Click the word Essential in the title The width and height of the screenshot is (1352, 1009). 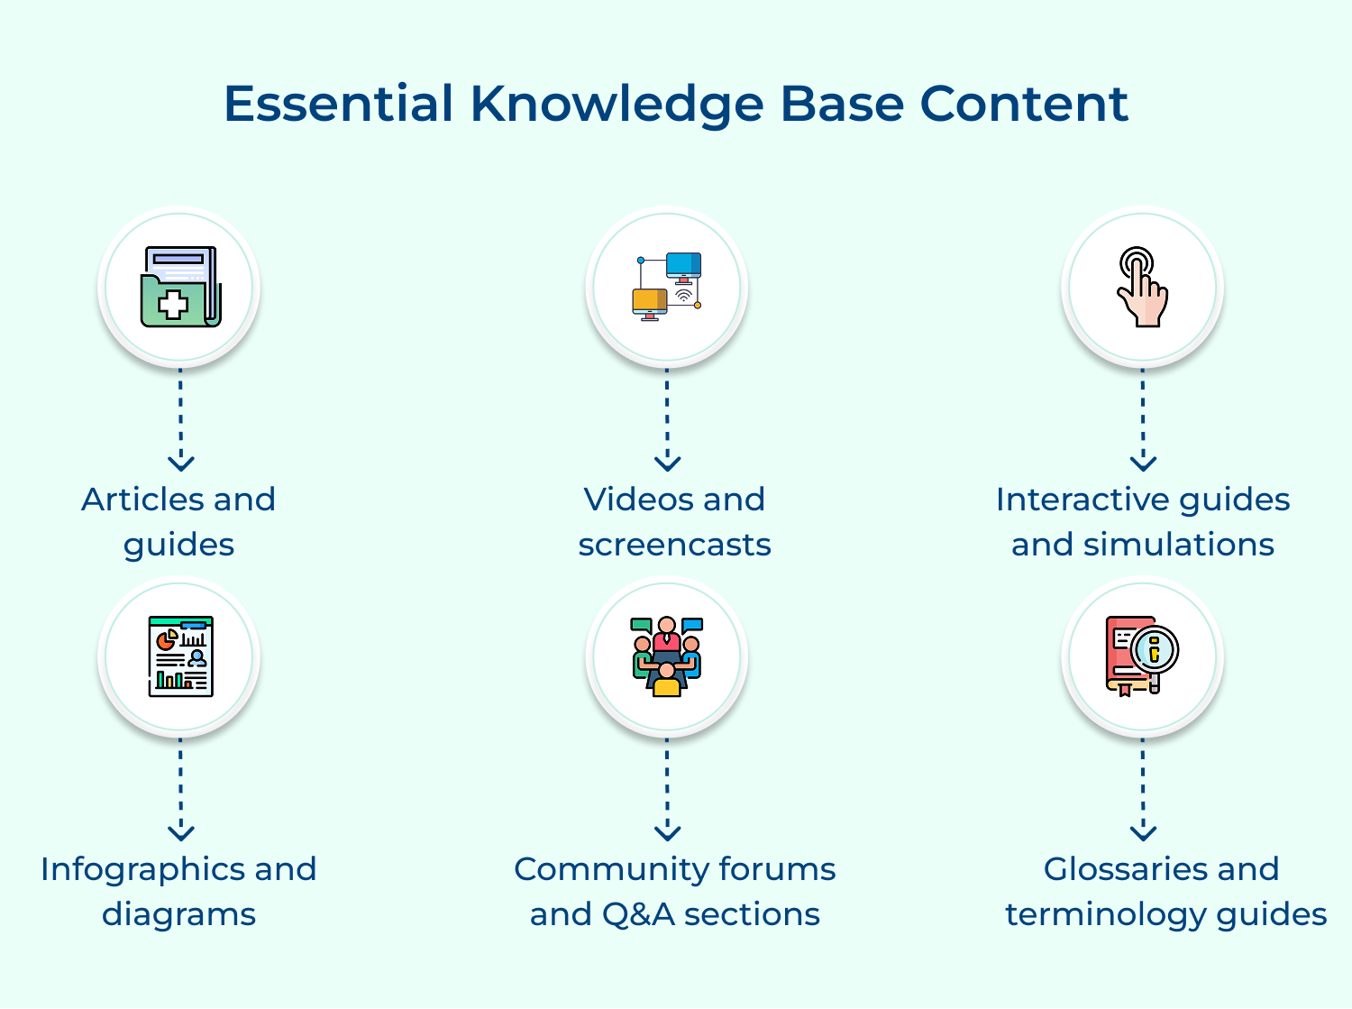tap(338, 104)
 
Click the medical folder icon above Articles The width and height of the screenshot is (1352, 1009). tap(180, 287)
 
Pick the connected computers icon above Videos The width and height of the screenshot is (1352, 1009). tap(667, 287)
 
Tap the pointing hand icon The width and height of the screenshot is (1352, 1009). tap(1142, 287)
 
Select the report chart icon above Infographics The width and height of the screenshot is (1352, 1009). tap(180, 656)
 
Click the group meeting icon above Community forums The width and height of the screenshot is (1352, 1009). tap(667, 656)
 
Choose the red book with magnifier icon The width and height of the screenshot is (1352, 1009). tap(1142, 656)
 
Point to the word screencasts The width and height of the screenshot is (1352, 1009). tap(674, 545)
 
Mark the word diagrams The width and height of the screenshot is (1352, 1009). tap(178, 914)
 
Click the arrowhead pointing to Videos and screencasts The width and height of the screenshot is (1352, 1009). tap(667, 463)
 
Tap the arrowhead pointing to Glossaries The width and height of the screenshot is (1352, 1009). tap(1143, 832)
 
